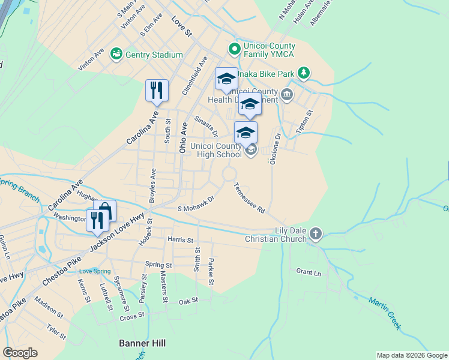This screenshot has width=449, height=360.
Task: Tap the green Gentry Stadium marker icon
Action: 116,55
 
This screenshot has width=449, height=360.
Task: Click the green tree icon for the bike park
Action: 304,73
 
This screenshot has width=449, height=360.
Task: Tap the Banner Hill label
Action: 142,343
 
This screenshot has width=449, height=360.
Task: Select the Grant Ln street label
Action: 309,272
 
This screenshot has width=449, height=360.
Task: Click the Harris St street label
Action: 181,240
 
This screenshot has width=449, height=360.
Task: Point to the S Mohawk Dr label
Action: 196,204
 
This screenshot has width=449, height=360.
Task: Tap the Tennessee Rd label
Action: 249,198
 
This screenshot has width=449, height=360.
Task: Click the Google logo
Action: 20,353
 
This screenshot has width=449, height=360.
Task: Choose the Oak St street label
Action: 188,301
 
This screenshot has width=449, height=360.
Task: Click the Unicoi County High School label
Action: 216,150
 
